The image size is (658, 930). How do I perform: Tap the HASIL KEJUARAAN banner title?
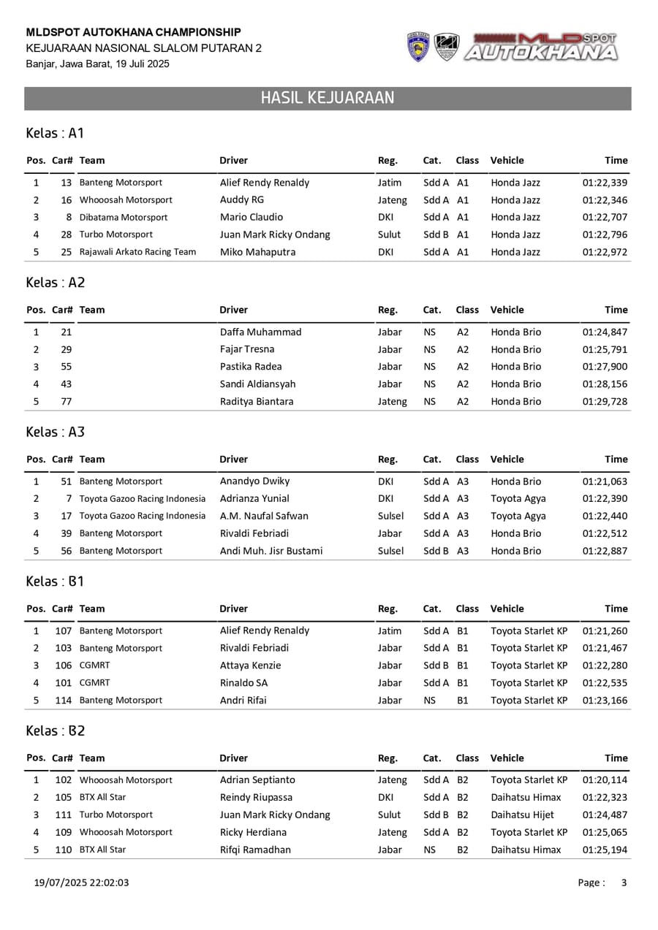(328, 99)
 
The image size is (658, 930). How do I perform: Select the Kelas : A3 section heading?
(56, 432)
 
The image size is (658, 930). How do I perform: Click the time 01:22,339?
(605, 183)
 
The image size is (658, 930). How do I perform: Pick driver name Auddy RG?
(242, 200)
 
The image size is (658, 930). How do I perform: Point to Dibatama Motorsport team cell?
(124, 218)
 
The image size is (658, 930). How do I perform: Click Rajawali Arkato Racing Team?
(137, 252)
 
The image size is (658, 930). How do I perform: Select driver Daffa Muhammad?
(260, 332)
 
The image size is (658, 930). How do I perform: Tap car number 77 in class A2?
(67, 402)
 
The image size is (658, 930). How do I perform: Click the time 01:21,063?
(605, 481)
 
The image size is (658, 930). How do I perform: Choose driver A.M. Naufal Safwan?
(264, 516)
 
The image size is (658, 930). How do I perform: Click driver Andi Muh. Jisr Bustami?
(271, 551)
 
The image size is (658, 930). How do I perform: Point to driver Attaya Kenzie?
(250, 666)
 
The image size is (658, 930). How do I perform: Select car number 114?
(64, 701)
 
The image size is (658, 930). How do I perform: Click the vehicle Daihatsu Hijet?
(522, 815)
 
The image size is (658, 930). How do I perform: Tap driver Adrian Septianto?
(257, 780)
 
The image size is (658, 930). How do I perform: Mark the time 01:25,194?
(605, 850)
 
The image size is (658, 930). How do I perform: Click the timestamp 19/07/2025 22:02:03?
(82, 883)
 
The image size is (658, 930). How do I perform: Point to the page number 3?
(624, 883)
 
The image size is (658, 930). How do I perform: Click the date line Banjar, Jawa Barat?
(97, 64)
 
